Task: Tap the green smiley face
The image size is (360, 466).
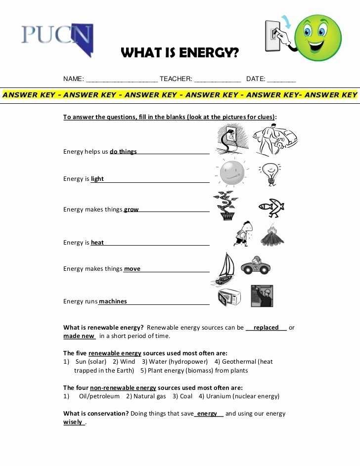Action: tap(318, 38)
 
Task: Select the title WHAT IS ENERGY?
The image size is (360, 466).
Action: tap(180, 53)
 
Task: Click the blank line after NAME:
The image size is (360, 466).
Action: tap(122, 80)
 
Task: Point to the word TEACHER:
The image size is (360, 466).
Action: tap(176, 79)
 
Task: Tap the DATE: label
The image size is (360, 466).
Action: tap(256, 79)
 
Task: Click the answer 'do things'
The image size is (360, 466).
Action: tap(123, 152)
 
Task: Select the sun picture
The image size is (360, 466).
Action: tap(230, 172)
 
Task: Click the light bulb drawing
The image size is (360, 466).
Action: tap(270, 174)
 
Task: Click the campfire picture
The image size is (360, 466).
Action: tap(272, 236)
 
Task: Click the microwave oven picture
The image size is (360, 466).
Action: tap(229, 297)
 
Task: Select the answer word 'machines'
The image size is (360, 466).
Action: tap(113, 301)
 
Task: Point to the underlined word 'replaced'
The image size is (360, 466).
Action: tap(266, 328)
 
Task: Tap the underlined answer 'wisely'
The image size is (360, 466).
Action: tap(73, 423)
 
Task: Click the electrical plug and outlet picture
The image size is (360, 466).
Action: tap(228, 139)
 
